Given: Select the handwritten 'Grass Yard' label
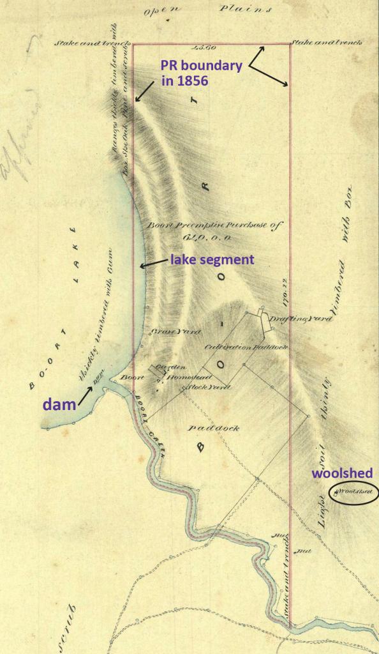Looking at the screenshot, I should pyautogui.click(x=168, y=332).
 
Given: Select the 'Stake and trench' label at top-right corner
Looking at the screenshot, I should pyautogui.click(x=327, y=43).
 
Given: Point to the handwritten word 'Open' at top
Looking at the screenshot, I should pyautogui.click(x=160, y=11).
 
